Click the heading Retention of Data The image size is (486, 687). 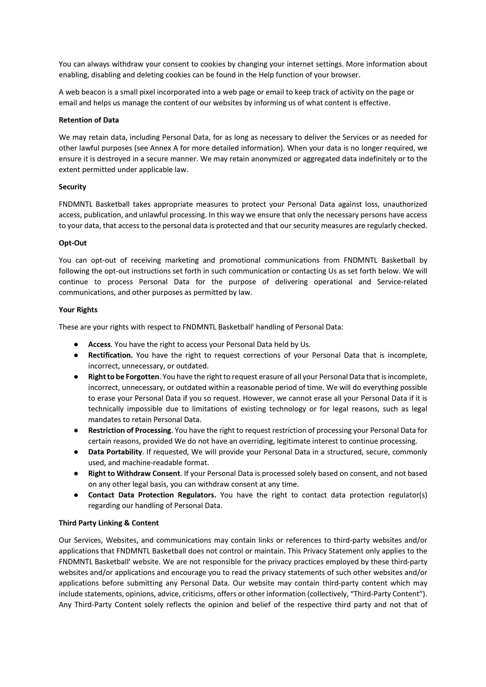click(89, 120)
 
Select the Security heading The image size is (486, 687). click(72, 187)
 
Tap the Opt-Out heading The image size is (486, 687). click(72, 243)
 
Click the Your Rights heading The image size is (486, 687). click(78, 310)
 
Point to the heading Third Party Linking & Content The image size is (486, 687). click(109, 523)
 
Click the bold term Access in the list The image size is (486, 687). click(99, 345)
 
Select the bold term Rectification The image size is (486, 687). click(111, 356)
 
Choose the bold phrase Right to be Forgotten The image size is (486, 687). click(124, 377)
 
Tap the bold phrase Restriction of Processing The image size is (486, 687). click(130, 430)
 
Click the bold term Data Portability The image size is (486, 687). click(115, 452)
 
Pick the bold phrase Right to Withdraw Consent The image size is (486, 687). click(134, 473)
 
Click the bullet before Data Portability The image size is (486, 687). click(76, 452)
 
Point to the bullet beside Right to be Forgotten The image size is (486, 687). click(76, 377)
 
